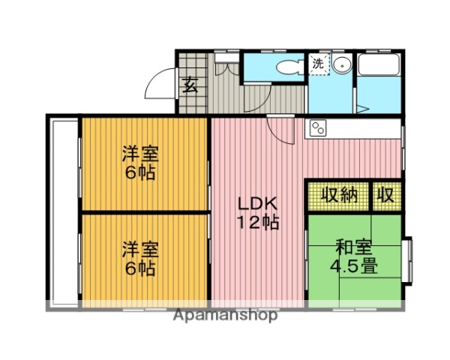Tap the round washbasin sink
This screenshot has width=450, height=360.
(x=341, y=64)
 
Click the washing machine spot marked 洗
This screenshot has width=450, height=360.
(x=319, y=64)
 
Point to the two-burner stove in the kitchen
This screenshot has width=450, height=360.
(x=317, y=128)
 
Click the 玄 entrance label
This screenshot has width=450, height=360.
(x=190, y=84)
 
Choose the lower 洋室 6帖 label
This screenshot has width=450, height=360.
(x=139, y=258)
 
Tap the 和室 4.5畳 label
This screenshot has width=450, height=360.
(x=355, y=256)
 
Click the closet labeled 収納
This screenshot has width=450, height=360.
(x=337, y=196)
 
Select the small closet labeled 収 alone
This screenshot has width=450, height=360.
(x=385, y=196)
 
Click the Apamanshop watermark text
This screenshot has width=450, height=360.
(x=225, y=315)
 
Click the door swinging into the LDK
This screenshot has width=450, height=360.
(x=280, y=132)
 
